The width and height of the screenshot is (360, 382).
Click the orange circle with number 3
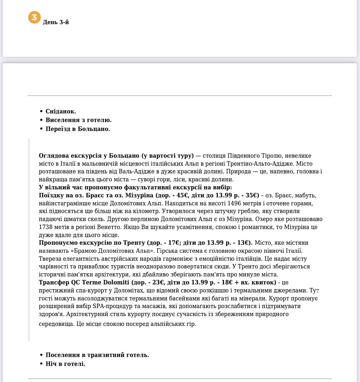coord(34,17)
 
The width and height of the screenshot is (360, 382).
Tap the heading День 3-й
coord(56,22)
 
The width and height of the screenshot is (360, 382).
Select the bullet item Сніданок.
coord(61,111)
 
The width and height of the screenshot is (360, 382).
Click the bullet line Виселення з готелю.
coord(78,120)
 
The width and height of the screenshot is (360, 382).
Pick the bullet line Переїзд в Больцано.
coord(78,129)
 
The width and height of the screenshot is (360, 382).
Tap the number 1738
coord(46,227)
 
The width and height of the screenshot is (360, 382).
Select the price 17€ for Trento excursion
coord(174,243)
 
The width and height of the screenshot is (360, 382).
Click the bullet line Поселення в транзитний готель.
coord(97,355)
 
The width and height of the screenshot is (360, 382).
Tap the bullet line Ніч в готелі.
coord(65,364)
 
